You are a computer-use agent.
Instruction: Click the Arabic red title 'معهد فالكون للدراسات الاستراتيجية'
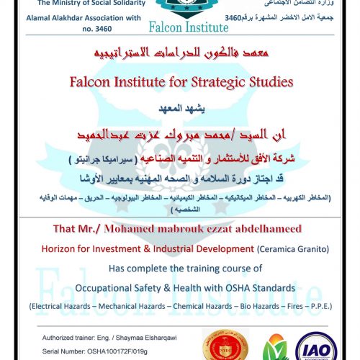coord(180,55)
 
